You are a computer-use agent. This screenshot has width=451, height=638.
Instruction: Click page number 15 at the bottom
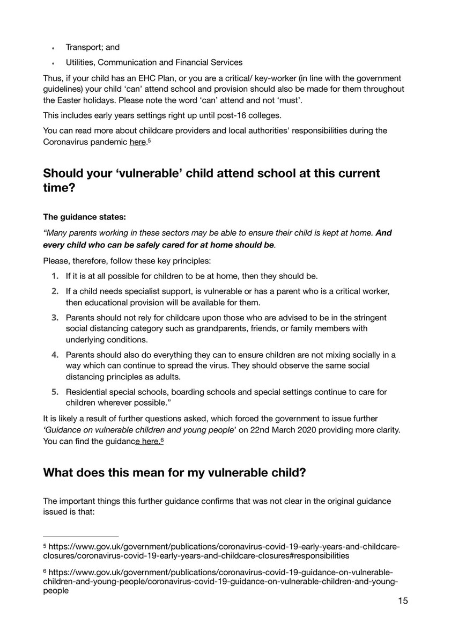[x=403, y=601]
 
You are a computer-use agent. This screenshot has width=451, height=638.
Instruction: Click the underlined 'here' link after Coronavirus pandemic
[x=138, y=142]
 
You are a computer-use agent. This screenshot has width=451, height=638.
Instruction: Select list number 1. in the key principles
[x=55, y=276]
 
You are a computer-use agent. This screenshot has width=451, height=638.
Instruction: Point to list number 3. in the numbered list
[x=55, y=317]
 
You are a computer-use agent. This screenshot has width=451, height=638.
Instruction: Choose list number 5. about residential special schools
[x=55, y=392]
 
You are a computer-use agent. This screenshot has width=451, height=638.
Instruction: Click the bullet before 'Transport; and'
[x=54, y=48]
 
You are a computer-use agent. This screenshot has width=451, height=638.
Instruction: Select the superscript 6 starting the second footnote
[x=45, y=571]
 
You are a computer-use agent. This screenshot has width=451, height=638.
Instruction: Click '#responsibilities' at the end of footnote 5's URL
[x=316, y=556]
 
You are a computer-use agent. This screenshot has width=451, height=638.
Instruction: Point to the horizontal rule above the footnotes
[x=80, y=536]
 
